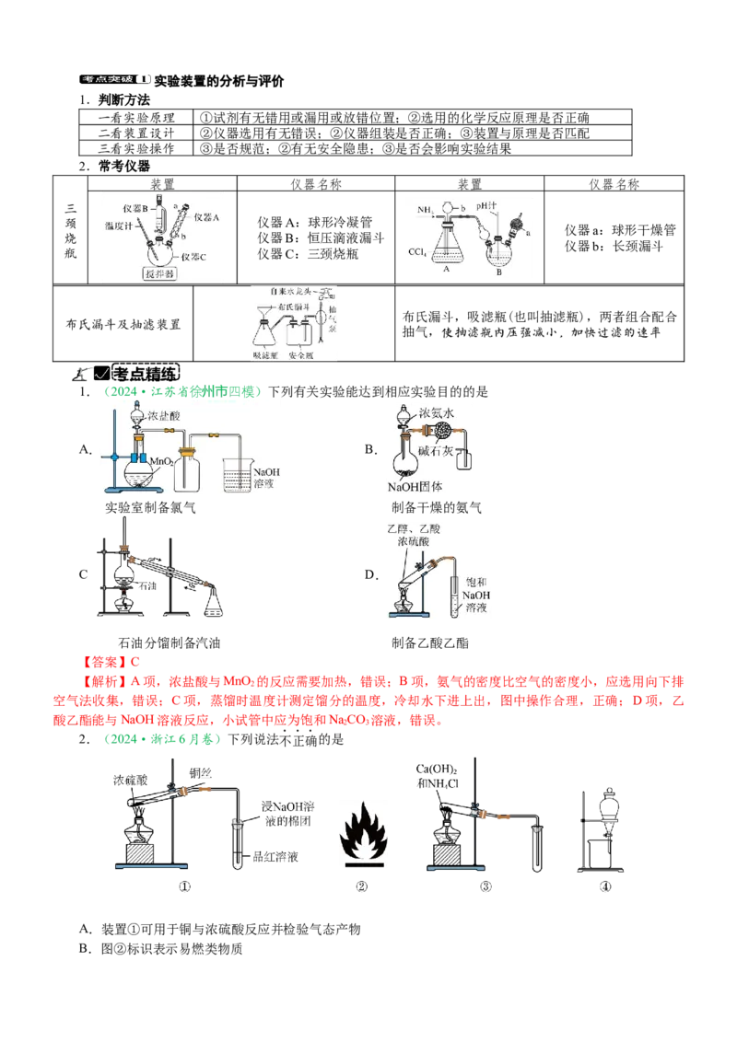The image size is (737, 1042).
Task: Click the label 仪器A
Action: [207, 218]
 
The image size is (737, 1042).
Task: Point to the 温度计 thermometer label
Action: [122, 225]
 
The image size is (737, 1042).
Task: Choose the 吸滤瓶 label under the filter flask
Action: [265, 353]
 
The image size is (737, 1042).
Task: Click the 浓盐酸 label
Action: [167, 416]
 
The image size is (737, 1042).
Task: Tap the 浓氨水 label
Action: [438, 413]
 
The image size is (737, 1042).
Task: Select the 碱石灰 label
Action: [439, 451]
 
